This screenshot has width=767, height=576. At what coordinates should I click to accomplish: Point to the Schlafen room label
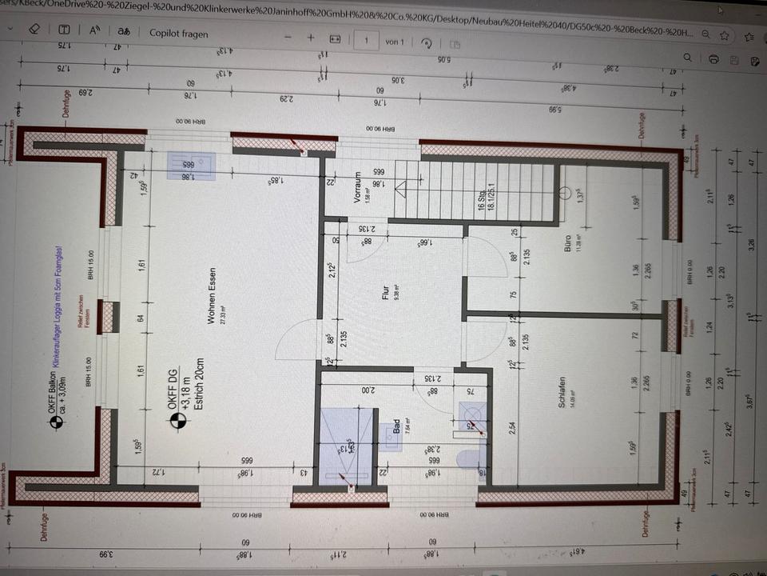(563, 394)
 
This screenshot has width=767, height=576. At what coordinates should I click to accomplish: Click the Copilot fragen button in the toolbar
(179, 34)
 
